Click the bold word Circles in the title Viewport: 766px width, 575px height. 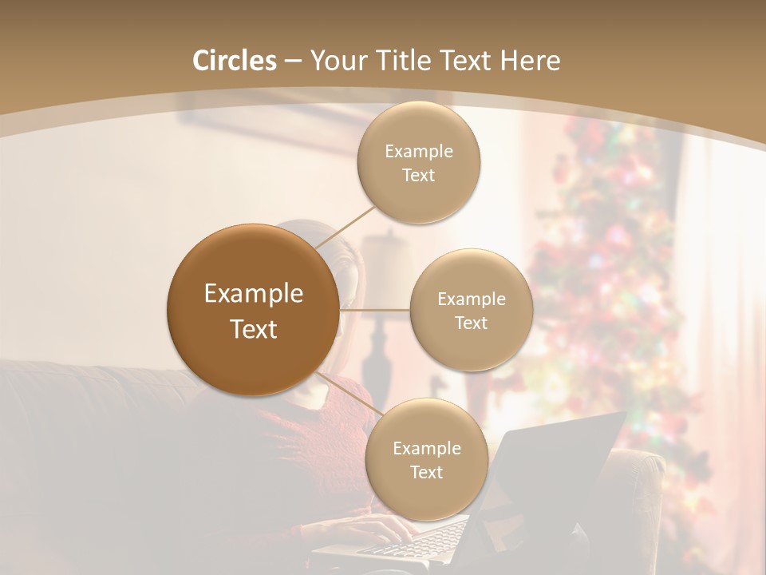point(234,61)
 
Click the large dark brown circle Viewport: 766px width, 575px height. point(253,310)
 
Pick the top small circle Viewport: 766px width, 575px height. point(418,162)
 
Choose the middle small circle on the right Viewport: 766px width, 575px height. point(471,310)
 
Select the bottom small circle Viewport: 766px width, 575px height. point(426,459)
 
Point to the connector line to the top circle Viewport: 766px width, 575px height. point(345,226)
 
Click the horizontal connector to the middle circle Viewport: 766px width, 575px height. point(374,310)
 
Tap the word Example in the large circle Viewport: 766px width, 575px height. point(253,294)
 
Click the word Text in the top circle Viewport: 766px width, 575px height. point(418,175)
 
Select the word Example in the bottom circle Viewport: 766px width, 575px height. point(426,448)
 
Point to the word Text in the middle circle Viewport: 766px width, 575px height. point(471,323)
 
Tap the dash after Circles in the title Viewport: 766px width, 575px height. point(292,61)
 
